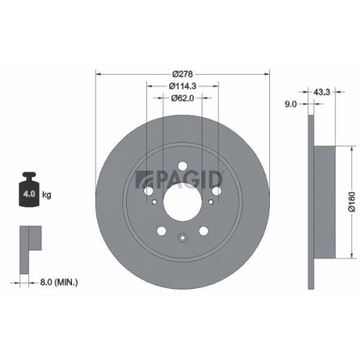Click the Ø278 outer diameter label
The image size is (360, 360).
point(183,74)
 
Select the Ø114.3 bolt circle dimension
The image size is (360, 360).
point(183,86)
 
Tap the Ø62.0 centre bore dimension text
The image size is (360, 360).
point(183,99)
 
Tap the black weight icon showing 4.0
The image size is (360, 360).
point(30,192)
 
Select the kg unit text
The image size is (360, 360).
point(48,195)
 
